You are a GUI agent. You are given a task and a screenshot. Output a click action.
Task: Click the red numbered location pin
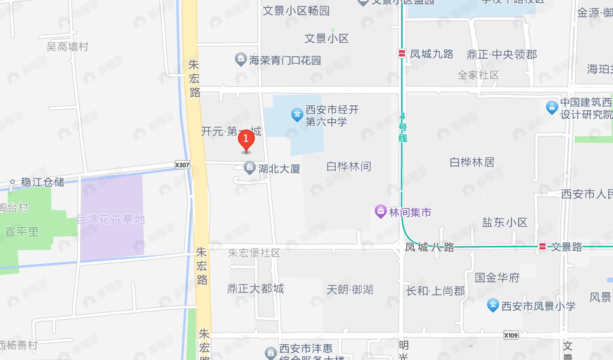(246, 140)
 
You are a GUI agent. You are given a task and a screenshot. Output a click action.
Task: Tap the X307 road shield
(182, 165)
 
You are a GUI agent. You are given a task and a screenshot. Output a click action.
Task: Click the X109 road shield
(511, 335)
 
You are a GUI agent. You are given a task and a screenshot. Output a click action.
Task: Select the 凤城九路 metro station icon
(402, 54)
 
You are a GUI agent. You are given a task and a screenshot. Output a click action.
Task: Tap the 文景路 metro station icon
(543, 247)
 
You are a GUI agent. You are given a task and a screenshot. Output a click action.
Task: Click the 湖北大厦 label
(279, 169)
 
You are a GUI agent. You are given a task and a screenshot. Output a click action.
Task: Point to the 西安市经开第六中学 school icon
(297, 115)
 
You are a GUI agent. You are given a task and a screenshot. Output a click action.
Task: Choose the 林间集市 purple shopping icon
(380, 211)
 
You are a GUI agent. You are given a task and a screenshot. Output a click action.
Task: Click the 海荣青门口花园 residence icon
(241, 59)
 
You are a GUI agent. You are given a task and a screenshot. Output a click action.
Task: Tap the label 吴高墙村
(67, 47)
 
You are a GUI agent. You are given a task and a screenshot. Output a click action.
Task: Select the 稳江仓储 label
(43, 182)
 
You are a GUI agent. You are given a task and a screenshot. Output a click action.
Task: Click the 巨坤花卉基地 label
(111, 219)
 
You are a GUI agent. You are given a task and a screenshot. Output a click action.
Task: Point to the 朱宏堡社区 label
(254, 253)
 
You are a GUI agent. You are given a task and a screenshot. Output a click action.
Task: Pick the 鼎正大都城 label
(256, 288)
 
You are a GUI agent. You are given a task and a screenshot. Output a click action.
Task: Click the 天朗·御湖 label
(349, 290)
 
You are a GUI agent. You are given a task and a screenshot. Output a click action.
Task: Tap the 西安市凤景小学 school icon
(493, 305)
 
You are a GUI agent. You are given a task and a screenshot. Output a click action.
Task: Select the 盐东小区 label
(505, 222)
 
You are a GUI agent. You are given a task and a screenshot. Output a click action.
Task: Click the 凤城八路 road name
(429, 247)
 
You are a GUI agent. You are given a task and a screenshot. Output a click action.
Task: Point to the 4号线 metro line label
(402, 127)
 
